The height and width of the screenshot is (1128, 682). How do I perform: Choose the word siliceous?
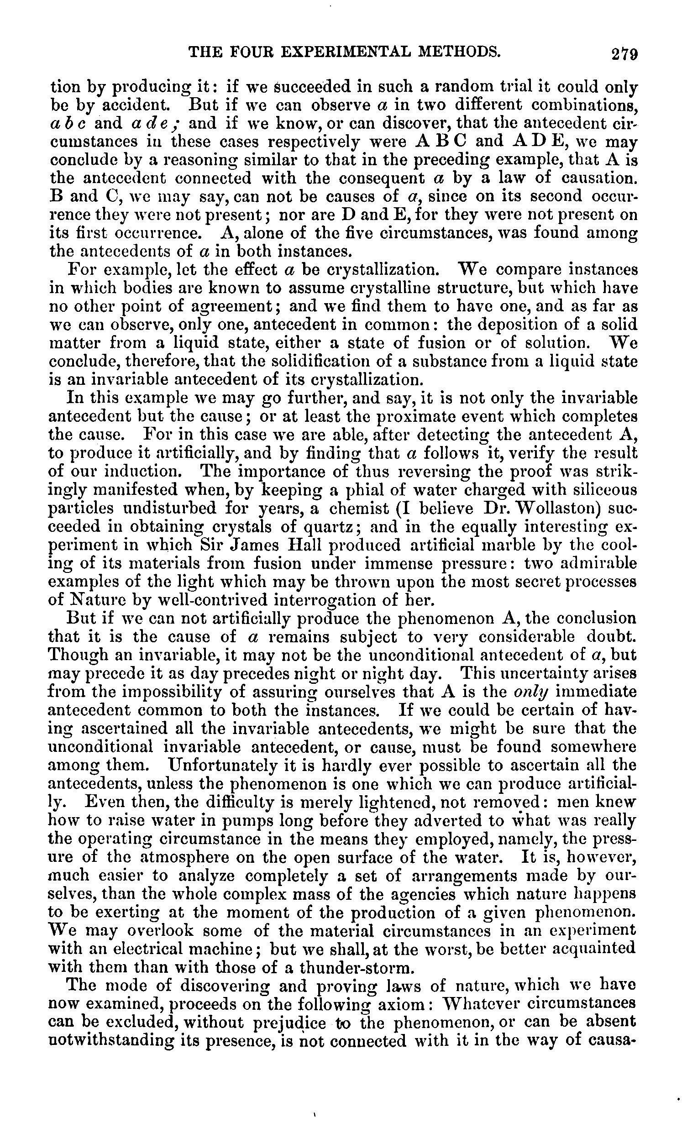[602, 490]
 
